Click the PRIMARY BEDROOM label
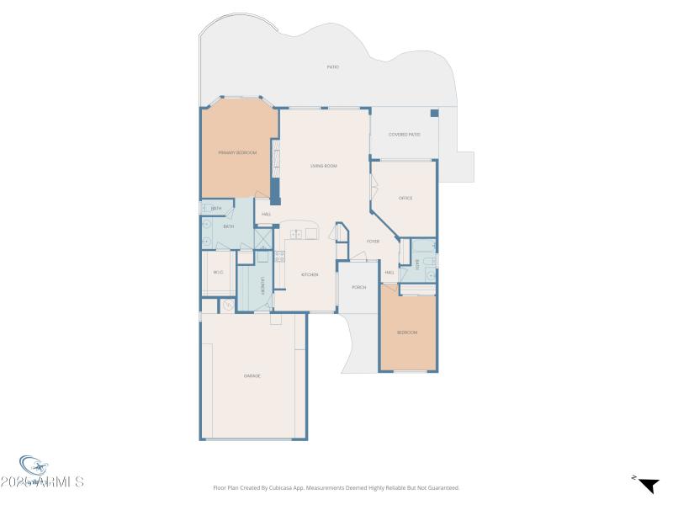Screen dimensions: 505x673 (x=237, y=152)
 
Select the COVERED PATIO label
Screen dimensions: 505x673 (x=404, y=135)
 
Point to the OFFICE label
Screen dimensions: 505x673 (x=405, y=198)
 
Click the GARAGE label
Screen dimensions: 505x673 (x=252, y=375)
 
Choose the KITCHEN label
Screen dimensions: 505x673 (x=310, y=275)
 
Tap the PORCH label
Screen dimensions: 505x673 (x=358, y=287)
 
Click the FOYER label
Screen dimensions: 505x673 (x=373, y=242)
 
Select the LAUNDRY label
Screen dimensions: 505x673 (x=262, y=285)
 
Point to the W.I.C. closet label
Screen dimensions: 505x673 (x=218, y=272)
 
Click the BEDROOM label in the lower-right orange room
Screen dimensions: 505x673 (x=407, y=332)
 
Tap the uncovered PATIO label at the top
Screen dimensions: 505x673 (x=333, y=66)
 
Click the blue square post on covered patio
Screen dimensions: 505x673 (x=434, y=113)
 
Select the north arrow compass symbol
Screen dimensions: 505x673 (x=647, y=484)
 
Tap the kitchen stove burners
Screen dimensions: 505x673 (x=280, y=258)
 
